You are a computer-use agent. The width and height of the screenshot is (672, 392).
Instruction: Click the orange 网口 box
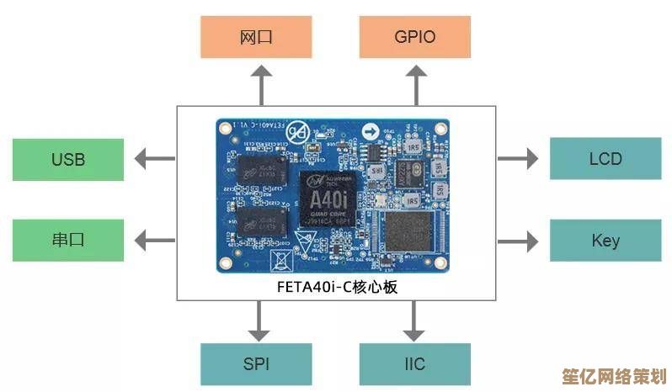point(257,37)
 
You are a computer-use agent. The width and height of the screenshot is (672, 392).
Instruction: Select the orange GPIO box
point(414,37)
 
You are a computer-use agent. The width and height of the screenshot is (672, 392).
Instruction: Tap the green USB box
point(68,159)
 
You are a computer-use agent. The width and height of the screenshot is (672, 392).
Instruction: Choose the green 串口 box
point(68,240)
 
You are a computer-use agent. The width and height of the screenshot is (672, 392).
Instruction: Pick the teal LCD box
point(605,158)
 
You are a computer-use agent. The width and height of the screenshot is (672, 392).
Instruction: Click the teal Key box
point(605,240)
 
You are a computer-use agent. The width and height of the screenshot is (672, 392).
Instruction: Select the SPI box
point(257,364)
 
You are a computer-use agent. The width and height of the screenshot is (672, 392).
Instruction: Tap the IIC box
point(414,364)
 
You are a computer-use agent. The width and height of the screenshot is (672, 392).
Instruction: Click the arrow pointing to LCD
point(518,158)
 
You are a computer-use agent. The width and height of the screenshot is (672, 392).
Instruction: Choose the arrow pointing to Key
point(518,241)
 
